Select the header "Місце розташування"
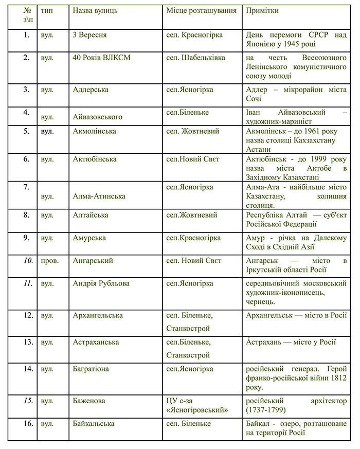[x=202, y=10]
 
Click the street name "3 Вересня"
[x=89, y=35]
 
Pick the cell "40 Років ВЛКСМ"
[x=101, y=58]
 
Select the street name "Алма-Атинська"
[x=99, y=196]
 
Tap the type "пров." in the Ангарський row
[x=50, y=261]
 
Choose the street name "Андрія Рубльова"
[x=101, y=283]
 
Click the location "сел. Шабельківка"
[x=195, y=58]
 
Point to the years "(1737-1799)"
[x=271, y=410]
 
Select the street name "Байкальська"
[x=94, y=424]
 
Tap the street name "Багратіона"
[x=91, y=369]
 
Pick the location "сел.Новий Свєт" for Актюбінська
[x=193, y=159]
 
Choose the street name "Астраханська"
[x=96, y=342]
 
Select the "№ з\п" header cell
[x=21, y=15]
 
